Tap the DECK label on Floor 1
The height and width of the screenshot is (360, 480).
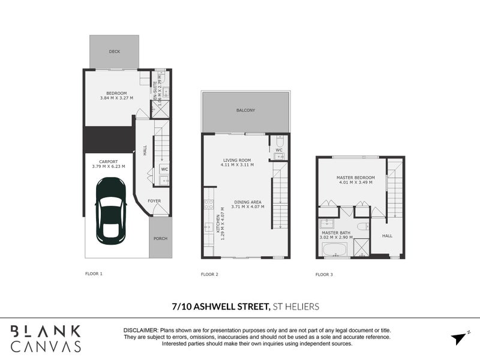click(114, 52)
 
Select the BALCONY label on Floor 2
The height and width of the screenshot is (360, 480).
click(245, 110)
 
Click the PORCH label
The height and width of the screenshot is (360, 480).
click(160, 238)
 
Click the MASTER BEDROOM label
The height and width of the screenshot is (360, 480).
click(355, 178)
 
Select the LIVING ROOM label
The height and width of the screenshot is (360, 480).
click(236, 160)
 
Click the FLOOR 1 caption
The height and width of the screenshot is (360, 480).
click(94, 274)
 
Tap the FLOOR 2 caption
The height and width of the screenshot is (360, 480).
click(209, 274)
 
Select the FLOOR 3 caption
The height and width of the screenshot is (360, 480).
click(324, 274)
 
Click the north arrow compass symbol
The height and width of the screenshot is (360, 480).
click(459, 338)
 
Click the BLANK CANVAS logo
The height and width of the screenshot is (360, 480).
click(46, 338)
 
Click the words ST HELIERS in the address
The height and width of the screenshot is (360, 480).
click(295, 306)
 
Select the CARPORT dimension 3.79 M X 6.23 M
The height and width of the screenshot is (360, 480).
click(108, 166)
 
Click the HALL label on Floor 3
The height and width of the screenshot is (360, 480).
click(388, 236)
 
